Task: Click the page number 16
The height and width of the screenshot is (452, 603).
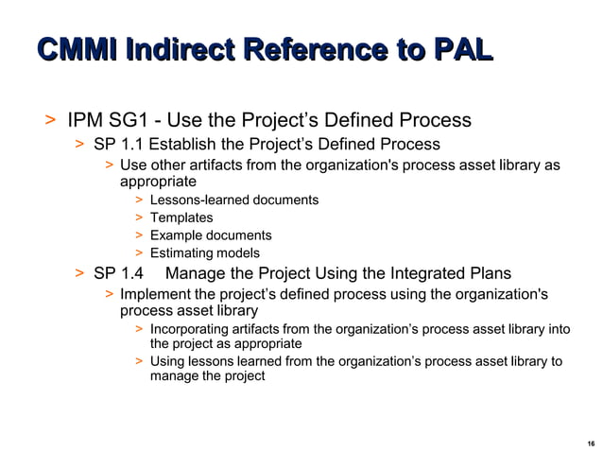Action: (x=591, y=442)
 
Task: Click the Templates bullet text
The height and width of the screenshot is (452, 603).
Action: (x=181, y=217)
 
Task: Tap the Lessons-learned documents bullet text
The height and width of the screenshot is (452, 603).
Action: (x=233, y=200)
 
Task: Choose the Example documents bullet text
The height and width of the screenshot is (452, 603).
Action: (x=210, y=235)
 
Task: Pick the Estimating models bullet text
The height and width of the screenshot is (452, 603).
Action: (x=204, y=252)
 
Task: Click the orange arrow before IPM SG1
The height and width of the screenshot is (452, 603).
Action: (x=49, y=120)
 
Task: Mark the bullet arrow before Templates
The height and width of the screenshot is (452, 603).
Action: (x=139, y=217)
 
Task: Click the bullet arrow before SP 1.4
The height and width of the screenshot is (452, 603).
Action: (x=80, y=273)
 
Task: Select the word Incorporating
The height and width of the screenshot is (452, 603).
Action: (x=190, y=329)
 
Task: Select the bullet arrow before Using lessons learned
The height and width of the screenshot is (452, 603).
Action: (x=139, y=361)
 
